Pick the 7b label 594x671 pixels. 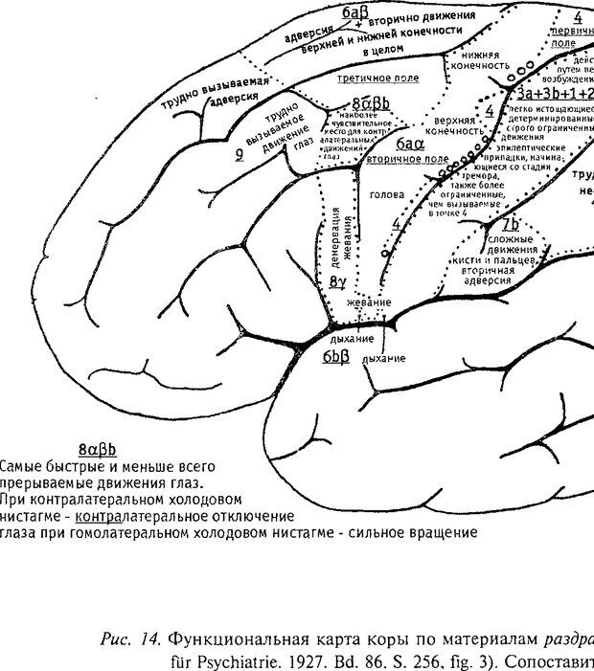[511, 224]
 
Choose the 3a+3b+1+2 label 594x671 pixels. [550, 93]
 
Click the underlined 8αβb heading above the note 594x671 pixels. [98, 448]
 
